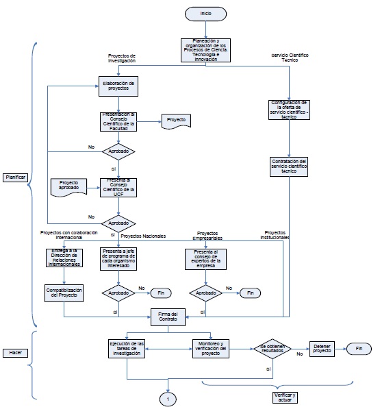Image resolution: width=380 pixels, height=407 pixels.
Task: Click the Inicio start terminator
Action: [205, 14]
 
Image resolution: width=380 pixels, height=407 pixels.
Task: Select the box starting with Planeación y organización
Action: [205, 50]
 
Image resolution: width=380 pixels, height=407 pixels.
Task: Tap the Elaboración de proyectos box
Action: [119, 86]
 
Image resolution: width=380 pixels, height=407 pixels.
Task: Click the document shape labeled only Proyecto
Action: [177, 121]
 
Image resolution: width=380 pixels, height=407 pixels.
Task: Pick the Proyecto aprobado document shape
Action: [68, 185]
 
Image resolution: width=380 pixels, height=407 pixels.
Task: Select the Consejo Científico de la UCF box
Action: [119, 186]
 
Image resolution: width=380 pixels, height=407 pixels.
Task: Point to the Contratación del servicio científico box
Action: [290, 166]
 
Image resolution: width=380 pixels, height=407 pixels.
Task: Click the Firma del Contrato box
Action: [164, 317]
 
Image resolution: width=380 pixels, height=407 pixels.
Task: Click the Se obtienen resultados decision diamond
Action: [273, 348]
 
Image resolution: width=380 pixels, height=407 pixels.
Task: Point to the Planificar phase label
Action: [15, 177]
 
